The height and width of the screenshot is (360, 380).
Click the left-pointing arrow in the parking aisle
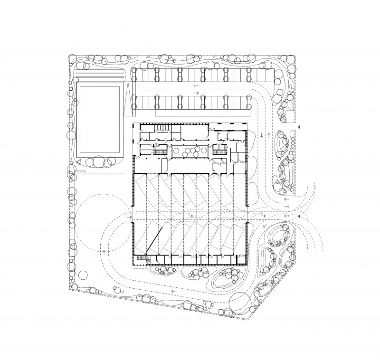point(196,87)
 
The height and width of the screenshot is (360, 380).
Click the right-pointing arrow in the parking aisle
point(196,93)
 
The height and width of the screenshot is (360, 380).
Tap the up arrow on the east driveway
point(269,135)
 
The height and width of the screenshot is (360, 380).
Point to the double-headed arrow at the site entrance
point(286,216)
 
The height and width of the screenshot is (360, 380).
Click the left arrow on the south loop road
point(173,291)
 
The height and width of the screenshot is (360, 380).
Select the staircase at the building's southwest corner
point(141,259)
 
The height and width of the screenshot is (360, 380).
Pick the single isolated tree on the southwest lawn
point(83,274)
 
